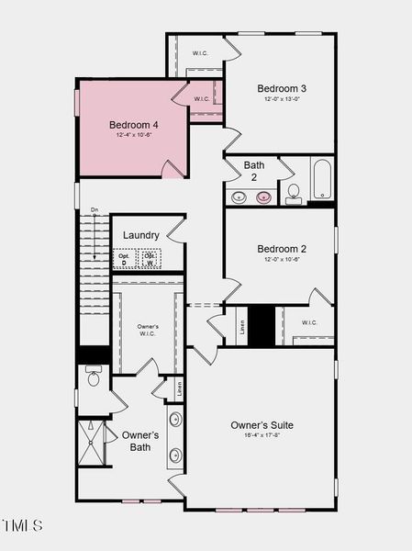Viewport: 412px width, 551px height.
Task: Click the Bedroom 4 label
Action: click(134, 124)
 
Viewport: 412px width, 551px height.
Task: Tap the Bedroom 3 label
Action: click(281, 88)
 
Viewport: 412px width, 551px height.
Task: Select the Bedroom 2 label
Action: click(282, 249)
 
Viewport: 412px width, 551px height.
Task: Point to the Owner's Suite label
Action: click(262, 425)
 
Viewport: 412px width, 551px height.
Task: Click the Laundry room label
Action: click(141, 234)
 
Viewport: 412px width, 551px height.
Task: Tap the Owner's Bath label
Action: click(140, 441)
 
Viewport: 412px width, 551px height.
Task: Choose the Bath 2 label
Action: click(254, 172)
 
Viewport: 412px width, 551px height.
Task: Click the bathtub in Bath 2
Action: click(321, 180)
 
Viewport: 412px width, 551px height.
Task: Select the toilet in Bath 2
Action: click(294, 194)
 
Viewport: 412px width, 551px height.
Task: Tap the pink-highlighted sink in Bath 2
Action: click(264, 197)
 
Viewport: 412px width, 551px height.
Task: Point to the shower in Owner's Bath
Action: click(93, 443)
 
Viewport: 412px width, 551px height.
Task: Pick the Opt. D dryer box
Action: click(124, 259)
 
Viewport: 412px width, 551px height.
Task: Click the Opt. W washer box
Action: click(149, 259)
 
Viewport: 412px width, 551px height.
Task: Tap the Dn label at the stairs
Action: click(94, 211)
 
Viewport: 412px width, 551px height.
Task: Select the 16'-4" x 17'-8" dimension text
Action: click(262, 437)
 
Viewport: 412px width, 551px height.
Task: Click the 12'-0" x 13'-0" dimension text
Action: click(281, 99)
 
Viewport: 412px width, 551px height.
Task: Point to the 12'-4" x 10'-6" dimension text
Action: click(134, 135)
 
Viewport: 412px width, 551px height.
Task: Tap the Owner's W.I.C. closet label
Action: click(148, 330)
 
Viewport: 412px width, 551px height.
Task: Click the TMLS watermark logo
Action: click(22, 526)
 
